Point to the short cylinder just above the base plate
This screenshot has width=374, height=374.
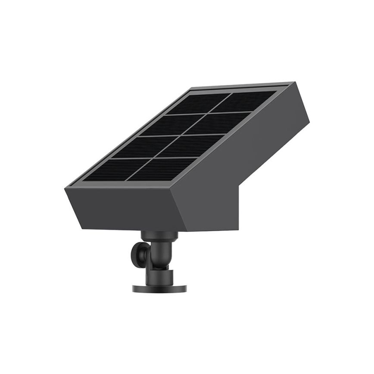pyautogui.click(x=159, y=276)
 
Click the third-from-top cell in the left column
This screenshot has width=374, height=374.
pyautogui.click(x=147, y=146)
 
